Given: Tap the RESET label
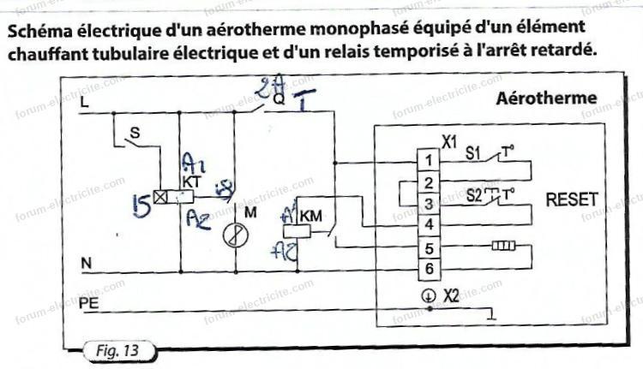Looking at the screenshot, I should pos(572,200).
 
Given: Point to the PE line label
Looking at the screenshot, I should pos(88,304).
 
